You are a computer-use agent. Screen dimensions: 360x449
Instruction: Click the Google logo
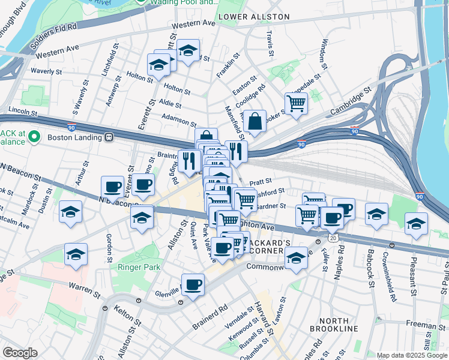pyautogui.click(x=20, y=352)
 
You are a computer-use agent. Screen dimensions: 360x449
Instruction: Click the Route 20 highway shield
pyautogui.click(x=332, y=238)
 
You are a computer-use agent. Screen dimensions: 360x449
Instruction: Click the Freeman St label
pyautogui.click(x=424, y=325)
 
